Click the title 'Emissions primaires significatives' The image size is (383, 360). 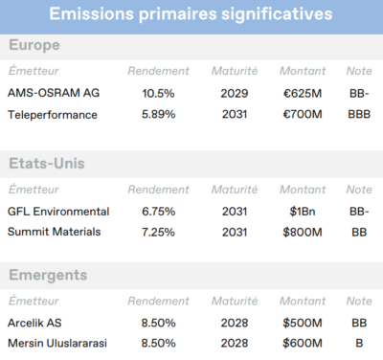[191, 14]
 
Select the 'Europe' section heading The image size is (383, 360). [34, 45]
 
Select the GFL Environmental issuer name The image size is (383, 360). [57, 211]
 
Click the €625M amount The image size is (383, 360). [302, 93]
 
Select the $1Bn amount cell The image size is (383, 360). [302, 211]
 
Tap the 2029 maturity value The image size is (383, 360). [233, 93]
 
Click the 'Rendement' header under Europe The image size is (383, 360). [155, 71]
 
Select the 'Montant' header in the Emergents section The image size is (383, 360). [303, 301]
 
